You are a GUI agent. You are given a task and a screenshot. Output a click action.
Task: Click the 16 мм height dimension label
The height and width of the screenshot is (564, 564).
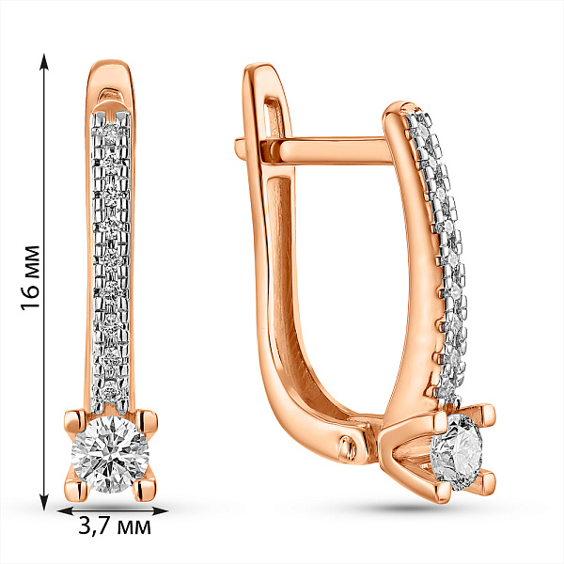pos(30,277)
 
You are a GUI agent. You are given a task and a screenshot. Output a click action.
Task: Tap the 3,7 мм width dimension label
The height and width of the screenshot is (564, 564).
pos(115,527)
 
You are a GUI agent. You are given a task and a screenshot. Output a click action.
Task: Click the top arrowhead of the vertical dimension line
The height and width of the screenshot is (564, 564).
pos(44,61)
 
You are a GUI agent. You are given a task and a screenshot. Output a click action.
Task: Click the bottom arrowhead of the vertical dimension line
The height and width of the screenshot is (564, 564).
pos(44,502)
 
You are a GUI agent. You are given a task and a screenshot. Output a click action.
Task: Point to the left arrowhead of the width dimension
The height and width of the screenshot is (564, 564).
pos(65,510)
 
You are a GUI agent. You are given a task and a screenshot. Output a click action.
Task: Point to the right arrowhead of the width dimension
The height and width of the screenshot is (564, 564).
pos(161,510)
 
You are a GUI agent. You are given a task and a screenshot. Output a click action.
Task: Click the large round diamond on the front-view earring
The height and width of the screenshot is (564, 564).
pos(110,454)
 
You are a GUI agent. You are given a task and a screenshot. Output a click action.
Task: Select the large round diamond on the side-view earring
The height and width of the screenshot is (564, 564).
pos(457,452)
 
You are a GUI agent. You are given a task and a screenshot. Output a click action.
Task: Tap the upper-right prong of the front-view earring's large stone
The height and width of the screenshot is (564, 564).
pos(148,421)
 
